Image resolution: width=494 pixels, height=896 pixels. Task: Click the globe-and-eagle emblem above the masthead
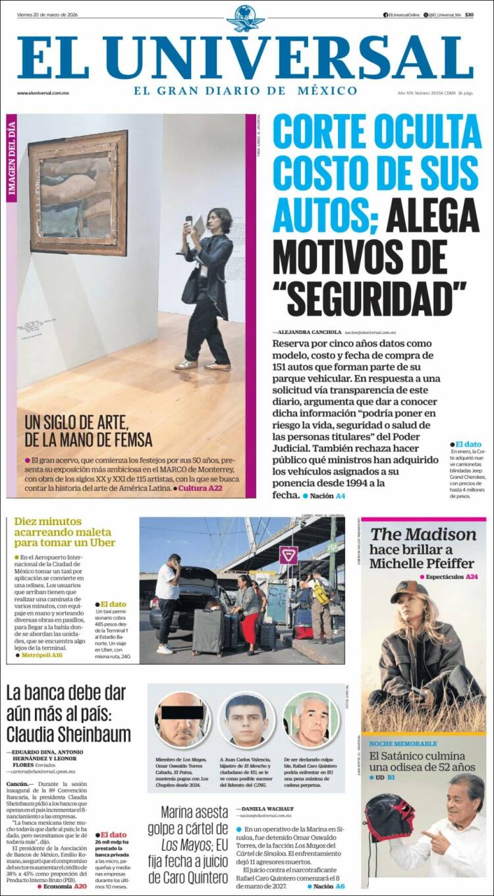pos(245,18)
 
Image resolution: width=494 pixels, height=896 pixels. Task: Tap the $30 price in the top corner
pos(468,14)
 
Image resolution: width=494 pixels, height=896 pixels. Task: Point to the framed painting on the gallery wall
pos(78,192)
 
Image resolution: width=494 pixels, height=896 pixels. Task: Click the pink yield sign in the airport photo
pos(288,555)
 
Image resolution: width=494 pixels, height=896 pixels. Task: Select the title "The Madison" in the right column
pos(423,534)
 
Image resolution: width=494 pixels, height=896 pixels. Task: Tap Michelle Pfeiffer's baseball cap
pos(409,592)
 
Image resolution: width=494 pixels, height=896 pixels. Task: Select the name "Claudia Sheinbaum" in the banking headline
pos(69,735)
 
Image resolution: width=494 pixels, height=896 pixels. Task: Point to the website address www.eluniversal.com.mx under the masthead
pos(43,93)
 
